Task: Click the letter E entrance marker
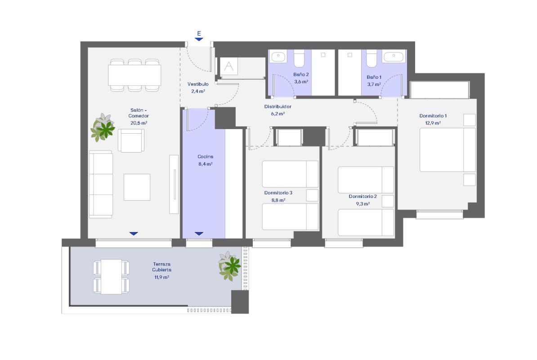[199, 33]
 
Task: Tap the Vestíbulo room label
[198, 84]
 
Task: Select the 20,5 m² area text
[139, 123]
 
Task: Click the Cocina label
[206, 157]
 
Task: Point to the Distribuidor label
[278, 107]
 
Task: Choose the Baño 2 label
[301, 74]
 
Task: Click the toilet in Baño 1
[371, 58]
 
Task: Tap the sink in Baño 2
[278, 56]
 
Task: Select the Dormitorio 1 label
[433, 116]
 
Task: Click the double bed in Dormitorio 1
[447, 150]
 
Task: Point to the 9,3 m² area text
[362, 204]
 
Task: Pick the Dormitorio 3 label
[278, 193]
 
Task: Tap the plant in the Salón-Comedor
[103, 127]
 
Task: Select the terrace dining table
[111, 277]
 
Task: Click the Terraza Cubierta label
[161, 267]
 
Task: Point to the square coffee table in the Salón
[137, 187]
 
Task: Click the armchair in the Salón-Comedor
[131, 140]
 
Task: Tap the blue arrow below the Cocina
[199, 234]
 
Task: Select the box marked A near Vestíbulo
[229, 67]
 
